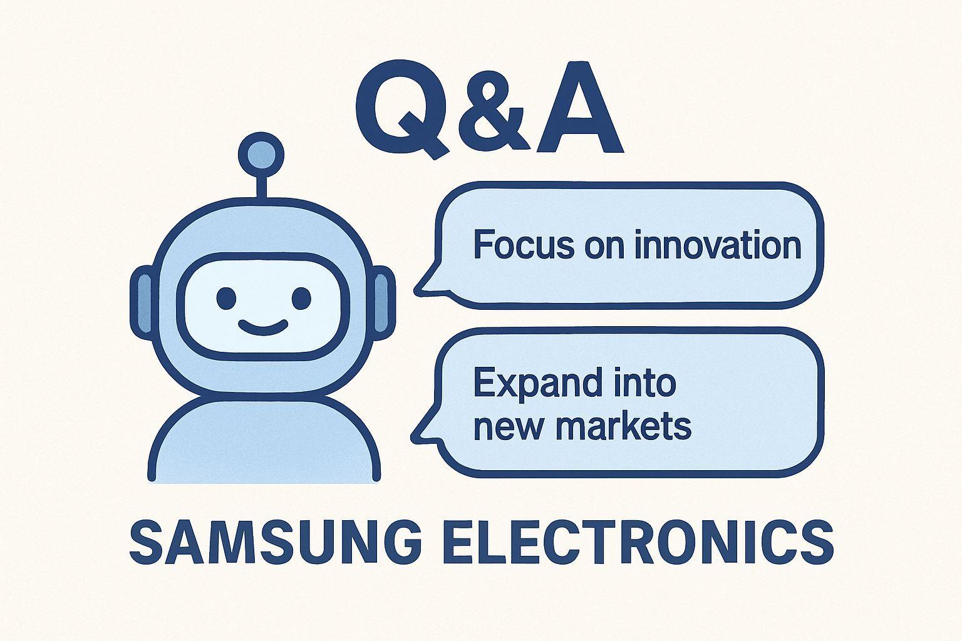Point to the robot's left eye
pyautogui.click(x=227, y=297)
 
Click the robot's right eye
pyautogui.click(x=301, y=297)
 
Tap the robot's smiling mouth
pyautogui.click(x=263, y=326)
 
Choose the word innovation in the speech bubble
pyautogui.click(x=718, y=245)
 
